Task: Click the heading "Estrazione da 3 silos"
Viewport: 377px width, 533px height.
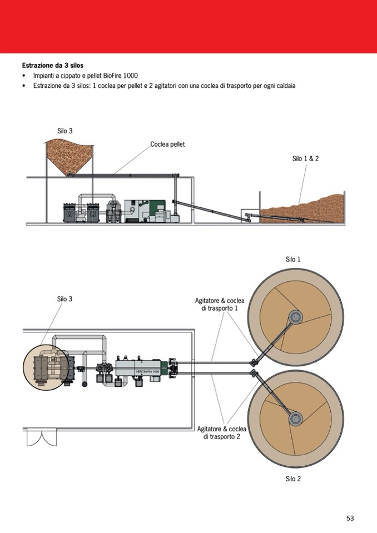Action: click(x=52, y=65)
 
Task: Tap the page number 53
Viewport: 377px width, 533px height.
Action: click(x=350, y=518)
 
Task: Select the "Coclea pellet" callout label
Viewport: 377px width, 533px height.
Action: click(x=167, y=145)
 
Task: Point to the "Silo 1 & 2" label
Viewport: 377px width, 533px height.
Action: click(x=305, y=158)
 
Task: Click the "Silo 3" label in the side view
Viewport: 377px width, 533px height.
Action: click(x=65, y=131)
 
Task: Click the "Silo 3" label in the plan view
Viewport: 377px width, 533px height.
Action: click(x=65, y=299)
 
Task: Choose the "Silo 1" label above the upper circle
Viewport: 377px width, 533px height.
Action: click(x=293, y=259)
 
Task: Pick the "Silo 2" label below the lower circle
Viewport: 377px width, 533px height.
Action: click(x=293, y=479)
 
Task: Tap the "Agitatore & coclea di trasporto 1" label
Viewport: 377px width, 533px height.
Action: click(x=220, y=305)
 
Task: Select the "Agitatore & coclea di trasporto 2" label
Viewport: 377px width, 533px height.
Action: click(x=222, y=432)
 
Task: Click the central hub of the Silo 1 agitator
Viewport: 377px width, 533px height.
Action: click(x=294, y=317)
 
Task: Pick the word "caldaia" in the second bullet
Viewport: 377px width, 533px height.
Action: click(x=282, y=86)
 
